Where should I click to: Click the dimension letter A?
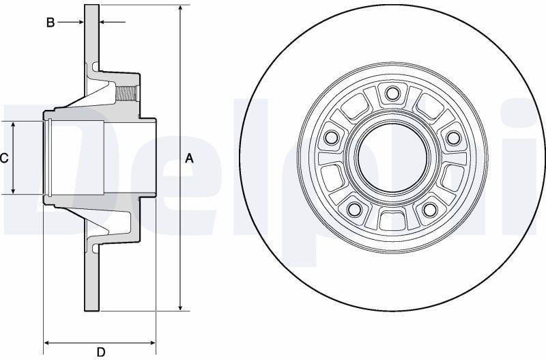point(190,158)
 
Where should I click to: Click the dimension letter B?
point(51,23)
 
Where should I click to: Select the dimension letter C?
point(4,158)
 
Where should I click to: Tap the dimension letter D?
point(100,352)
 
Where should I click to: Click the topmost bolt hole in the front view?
point(392,94)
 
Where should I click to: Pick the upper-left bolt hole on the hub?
point(332,137)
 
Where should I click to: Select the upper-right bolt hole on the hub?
point(452,137)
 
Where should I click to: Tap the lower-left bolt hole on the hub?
point(355,208)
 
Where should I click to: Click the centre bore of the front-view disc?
point(392,158)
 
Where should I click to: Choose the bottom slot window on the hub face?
point(392,221)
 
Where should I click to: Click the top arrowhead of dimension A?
point(180,9)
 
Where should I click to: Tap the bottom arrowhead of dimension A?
point(180,307)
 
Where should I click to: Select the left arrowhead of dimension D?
point(47,342)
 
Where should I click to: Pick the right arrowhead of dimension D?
point(154,342)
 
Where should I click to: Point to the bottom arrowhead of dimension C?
point(14,191)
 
